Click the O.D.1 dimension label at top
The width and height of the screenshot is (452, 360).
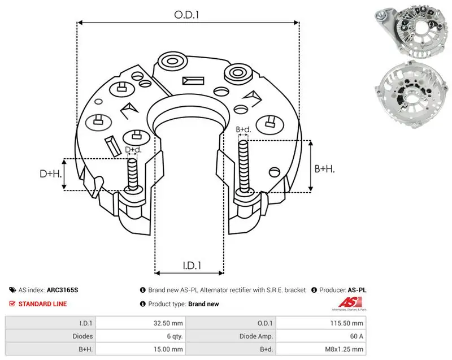click(186, 15)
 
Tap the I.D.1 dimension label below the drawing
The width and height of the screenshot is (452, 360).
click(192, 266)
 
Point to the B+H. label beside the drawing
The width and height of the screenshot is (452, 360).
click(324, 168)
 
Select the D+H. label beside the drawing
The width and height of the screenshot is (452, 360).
click(51, 174)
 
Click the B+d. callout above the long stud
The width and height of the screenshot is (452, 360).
click(244, 130)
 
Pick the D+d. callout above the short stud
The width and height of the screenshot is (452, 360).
click(133, 150)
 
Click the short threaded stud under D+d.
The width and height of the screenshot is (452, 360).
click(133, 175)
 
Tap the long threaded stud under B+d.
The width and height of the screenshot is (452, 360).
click(244, 166)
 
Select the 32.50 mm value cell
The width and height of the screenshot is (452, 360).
click(168, 323)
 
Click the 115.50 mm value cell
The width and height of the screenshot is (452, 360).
click(346, 323)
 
